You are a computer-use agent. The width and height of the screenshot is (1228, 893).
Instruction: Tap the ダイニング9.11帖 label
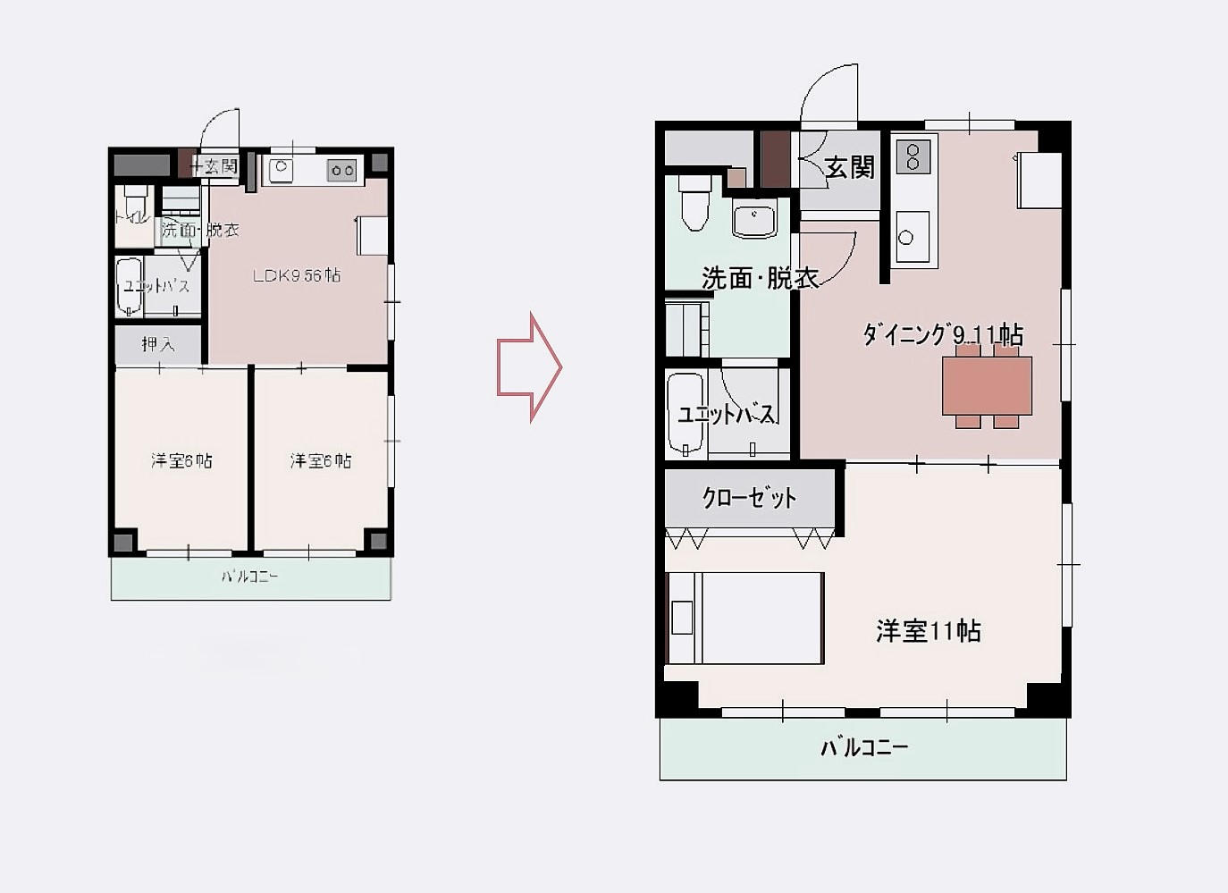coord(942,335)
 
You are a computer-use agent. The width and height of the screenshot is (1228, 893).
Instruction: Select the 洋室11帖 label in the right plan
coord(929,631)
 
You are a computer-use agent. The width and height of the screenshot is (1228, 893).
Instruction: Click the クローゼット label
coord(749,498)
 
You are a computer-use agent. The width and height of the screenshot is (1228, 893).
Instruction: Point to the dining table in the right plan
coord(987,384)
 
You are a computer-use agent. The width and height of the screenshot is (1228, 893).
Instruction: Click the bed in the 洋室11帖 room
coord(745,618)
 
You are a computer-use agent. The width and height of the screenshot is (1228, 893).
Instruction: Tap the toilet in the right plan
coord(694,202)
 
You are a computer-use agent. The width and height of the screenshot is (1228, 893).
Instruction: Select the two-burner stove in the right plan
coord(913,156)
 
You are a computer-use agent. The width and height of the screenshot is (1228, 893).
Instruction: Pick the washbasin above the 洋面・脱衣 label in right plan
coord(754,220)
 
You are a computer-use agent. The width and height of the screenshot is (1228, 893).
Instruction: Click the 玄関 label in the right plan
coord(849,167)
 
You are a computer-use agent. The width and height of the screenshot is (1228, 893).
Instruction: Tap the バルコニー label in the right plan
coord(863,747)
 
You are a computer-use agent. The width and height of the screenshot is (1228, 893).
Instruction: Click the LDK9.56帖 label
coord(296,275)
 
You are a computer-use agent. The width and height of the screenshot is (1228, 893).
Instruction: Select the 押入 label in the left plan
coord(158,344)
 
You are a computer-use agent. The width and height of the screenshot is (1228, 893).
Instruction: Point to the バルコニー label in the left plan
coord(250,577)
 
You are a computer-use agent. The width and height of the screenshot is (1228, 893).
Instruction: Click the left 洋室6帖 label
coord(181,460)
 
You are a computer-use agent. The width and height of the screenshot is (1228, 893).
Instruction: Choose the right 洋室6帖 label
coord(321,460)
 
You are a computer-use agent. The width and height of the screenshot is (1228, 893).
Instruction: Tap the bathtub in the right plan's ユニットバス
coord(686,413)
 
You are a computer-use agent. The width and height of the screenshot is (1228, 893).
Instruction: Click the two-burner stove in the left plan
coord(341,169)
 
